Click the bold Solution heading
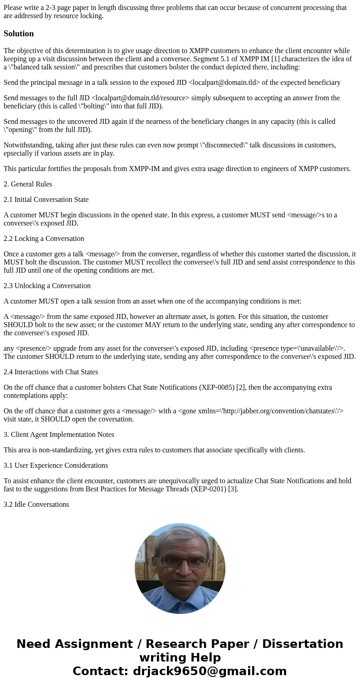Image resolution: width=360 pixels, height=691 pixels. click(x=19, y=34)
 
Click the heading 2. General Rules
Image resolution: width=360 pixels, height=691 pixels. click(x=28, y=184)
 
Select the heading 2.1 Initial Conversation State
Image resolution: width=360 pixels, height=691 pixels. click(x=46, y=200)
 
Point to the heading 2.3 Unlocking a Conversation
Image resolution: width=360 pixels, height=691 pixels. click(x=47, y=286)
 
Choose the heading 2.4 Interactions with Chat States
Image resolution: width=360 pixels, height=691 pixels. click(x=50, y=372)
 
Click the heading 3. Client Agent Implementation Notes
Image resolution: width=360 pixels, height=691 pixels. click(x=58, y=435)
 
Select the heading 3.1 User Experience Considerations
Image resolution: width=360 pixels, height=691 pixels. click(x=55, y=466)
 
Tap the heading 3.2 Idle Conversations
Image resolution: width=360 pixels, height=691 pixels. click(x=36, y=505)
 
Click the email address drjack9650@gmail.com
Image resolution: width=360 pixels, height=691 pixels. click(x=209, y=671)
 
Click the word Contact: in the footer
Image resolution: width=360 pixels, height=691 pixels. click(x=101, y=671)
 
